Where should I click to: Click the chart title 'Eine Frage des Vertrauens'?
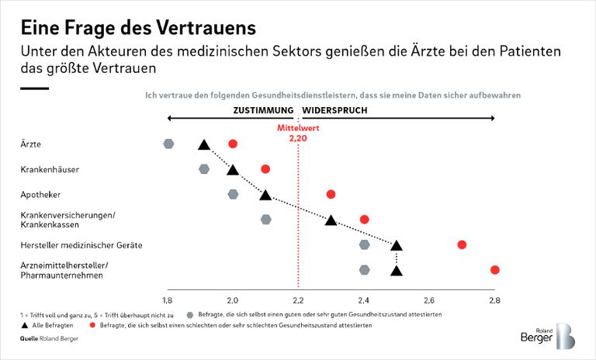(138, 29)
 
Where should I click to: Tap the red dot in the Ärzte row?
(233, 144)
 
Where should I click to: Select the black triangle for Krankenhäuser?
(233, 170)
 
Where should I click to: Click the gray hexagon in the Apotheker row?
(234, 194)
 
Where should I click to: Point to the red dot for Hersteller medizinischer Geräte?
(462, 245)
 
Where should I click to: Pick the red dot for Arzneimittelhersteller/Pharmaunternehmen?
(494, 270)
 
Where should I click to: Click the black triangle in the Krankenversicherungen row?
(331, 220)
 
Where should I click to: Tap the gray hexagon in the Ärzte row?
(168, 144)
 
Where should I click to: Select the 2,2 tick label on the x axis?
(298, 299)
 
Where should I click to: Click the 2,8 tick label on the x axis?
(494, 299)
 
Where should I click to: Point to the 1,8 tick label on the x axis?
(168, 299)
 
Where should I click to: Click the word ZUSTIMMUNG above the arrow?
(263, 110)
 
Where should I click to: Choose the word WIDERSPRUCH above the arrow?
(334, 110)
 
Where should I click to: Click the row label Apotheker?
(42, 194)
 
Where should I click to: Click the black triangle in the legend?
(24, 326)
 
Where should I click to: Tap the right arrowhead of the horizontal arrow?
(492, 118)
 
